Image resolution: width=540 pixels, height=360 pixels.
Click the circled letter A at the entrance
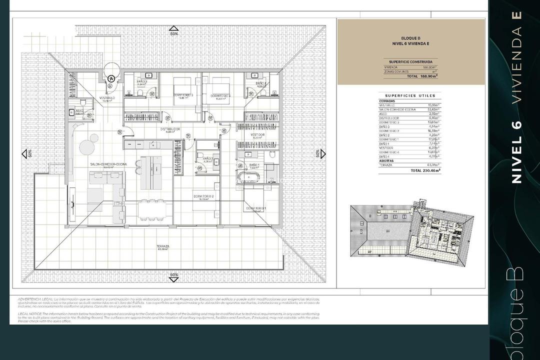click(x=111, y=78)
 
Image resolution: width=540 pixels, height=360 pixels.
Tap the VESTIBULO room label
click(x=107, y=98)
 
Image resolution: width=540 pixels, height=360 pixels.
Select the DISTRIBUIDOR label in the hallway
click(x=170, y=129)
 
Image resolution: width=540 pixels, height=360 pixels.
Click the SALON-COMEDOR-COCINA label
click(x=108, y=164)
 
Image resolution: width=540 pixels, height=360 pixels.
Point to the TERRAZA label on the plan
click(x=162, y=246)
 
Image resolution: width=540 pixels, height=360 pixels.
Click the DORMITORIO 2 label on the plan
click(x=203, y=196)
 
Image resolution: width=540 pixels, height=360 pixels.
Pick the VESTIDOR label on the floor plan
click(x=257, y=135)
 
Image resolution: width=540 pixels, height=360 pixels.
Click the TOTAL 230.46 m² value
click(x=426, y=170)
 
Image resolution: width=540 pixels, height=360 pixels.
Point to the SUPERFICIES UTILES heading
click(x=410, y=95)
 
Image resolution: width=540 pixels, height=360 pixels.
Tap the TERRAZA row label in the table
click(x=386, y=165)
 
